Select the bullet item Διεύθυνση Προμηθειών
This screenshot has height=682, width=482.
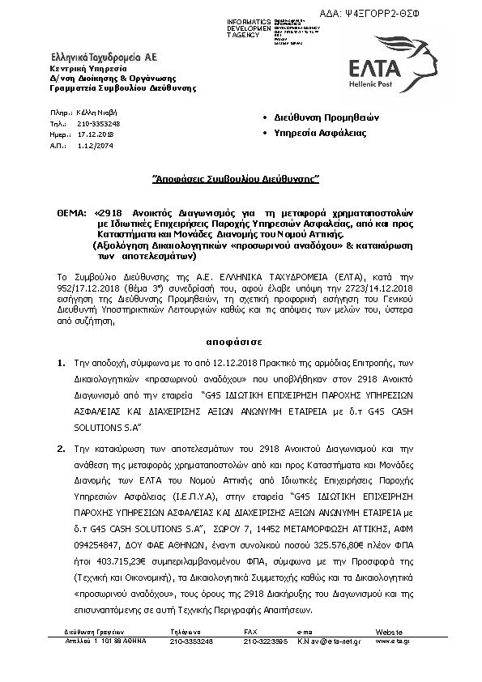tap(315, 117)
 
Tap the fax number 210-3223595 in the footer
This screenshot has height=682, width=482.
tap(266, 642)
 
